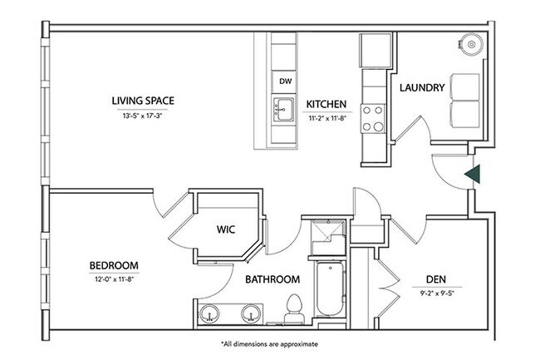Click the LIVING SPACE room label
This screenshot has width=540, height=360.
point(142,102)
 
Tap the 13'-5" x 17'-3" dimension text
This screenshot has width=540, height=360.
point(142,116)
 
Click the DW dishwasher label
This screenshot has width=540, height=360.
point(284,81)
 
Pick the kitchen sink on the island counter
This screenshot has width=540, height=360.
point(283,108)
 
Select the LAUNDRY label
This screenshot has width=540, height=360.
point(422,88)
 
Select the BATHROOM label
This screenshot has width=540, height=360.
point(272,280)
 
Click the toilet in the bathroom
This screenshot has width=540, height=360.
point(290,312)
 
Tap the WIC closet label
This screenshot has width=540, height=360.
point(228,227)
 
